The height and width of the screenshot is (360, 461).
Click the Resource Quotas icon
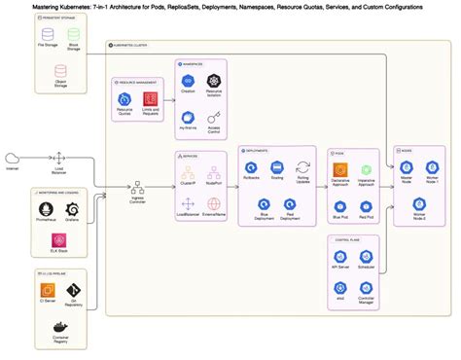pos(124,99)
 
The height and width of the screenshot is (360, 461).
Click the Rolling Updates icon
pos(302,168)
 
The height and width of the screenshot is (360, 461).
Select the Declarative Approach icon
pos(340,168)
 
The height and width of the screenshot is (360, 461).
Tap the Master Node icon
pos(406,168)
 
